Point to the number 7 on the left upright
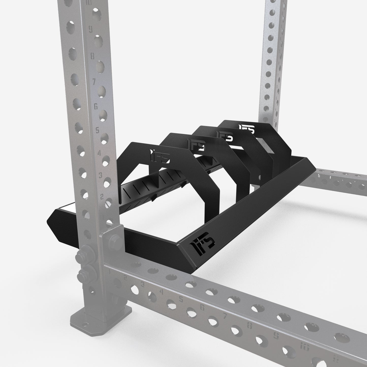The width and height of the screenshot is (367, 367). click(x=94, y=82)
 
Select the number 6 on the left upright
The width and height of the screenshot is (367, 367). click(x=96, y=107)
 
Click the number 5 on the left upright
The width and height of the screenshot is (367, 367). click(x=97, y=131)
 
